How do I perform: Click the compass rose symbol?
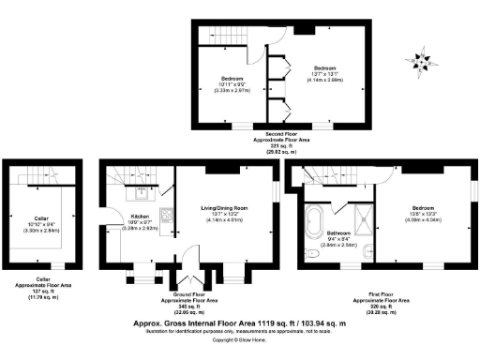[425, 59]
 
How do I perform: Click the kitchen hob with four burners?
[166, 213]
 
